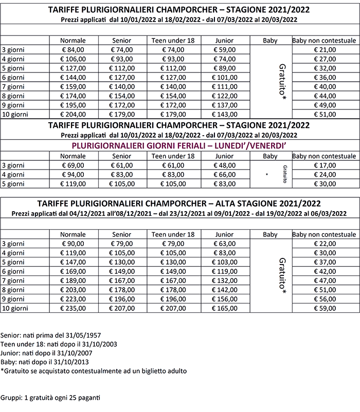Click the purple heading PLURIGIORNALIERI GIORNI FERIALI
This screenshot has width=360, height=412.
179,146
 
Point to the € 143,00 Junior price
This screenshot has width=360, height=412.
224,115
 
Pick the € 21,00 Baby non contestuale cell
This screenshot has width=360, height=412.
325,50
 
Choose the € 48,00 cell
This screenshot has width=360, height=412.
224,165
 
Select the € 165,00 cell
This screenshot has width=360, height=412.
224,308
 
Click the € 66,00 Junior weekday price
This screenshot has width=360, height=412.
224,175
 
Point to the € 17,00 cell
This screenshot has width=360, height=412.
325,165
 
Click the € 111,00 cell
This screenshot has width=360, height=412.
224,87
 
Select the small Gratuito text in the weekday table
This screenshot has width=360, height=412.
284,175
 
